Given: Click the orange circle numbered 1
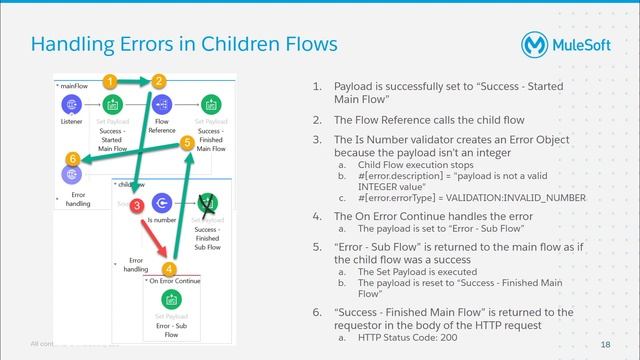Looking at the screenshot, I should coord(112,80).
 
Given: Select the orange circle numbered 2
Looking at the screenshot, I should coord(158,80).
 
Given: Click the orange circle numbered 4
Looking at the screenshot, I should coord(169,268).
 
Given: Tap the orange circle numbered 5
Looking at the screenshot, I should coord(187,143).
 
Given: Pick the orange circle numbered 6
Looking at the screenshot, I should coord(72,158).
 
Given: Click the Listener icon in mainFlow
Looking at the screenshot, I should coord(71,105).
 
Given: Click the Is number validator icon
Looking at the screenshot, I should coord(160,204).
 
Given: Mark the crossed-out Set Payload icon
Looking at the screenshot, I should coord(208,203).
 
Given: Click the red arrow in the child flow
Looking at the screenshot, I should coord(153,238).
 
